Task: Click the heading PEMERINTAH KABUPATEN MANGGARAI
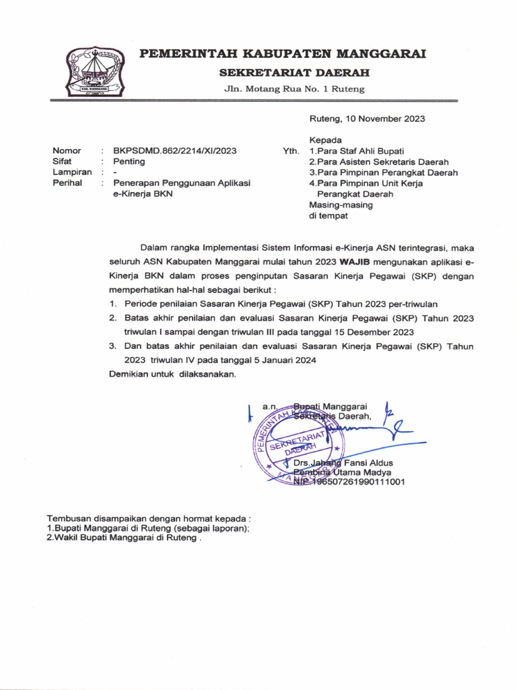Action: [x=282, y=55]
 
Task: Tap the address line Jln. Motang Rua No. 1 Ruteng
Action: [x=294, y=89]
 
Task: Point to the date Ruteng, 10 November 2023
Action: [x=367, y=119]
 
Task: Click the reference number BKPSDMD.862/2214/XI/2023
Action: [x=174, y=151]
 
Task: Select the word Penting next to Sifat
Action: [x=129, y=162]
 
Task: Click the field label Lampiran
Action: [x=71, y=172]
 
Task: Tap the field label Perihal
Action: [x=67, y=183]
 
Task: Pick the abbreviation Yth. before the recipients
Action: [x=291, y=151]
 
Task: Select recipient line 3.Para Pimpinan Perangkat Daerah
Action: [x=383, y=172]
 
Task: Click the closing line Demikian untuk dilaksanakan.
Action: [x=173, y=374]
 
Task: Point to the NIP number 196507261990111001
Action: [x=356, y=482]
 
